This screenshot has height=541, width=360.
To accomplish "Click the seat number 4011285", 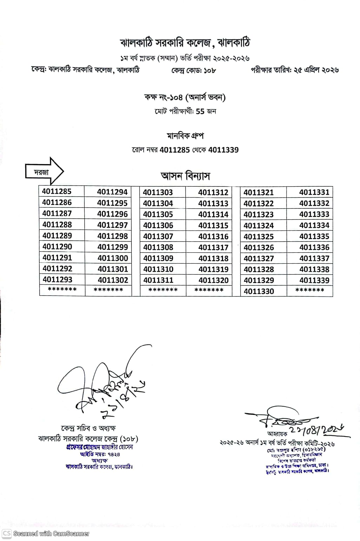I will (x=57, y=192).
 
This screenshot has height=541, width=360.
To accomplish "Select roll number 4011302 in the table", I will (x=113, y=280).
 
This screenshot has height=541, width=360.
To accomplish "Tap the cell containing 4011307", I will (x=158, y=236).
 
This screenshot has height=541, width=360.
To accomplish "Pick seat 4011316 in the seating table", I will (x=213, y=237).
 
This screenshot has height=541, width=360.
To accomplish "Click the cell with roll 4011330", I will (x=258, y=291).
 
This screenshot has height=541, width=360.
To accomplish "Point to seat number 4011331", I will (x=314, y=192).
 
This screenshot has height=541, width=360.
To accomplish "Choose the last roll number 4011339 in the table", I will (x=314, y=281).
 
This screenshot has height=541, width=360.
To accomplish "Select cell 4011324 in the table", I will (x=258, y=225).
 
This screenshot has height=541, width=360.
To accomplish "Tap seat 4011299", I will (x=112, y=247).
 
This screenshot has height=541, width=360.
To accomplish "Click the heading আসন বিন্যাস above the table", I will (x=185, y=176).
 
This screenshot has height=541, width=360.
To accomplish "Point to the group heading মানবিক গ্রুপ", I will (x=185, y=136).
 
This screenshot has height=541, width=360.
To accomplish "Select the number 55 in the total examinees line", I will (x=200, y=111).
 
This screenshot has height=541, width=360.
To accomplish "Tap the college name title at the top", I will (x=185, y=43).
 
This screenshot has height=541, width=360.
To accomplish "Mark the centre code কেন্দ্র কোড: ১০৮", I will (x=194, y=70).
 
